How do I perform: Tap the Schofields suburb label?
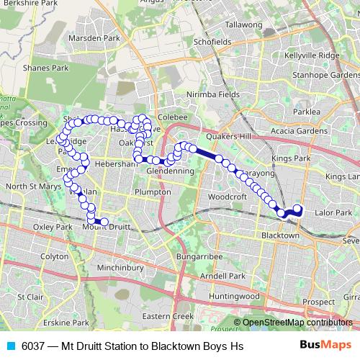tap(212, 42)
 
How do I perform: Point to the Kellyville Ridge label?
tap(311, 55)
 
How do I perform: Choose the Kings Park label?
tap(292, 158)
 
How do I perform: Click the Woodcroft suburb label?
tap(227, 196)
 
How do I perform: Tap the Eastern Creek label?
tap(168, 316)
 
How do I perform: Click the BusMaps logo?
tap(325, 346)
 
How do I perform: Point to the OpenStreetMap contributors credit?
tap(297, 322)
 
